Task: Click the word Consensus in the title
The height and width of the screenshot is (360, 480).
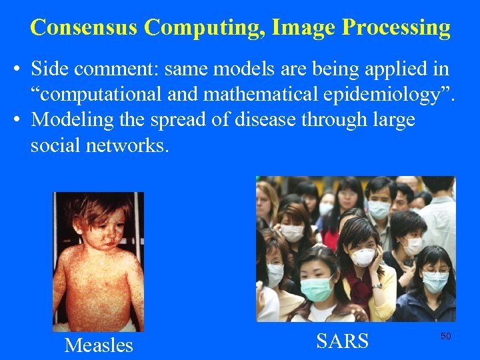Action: coord(84,27)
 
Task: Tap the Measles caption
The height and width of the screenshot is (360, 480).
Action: coord(99,345)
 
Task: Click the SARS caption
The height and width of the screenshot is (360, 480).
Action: coord(343,341)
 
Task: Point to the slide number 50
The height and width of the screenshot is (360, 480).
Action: coord(445,337)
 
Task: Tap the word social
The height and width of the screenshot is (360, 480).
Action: coord(55,145)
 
